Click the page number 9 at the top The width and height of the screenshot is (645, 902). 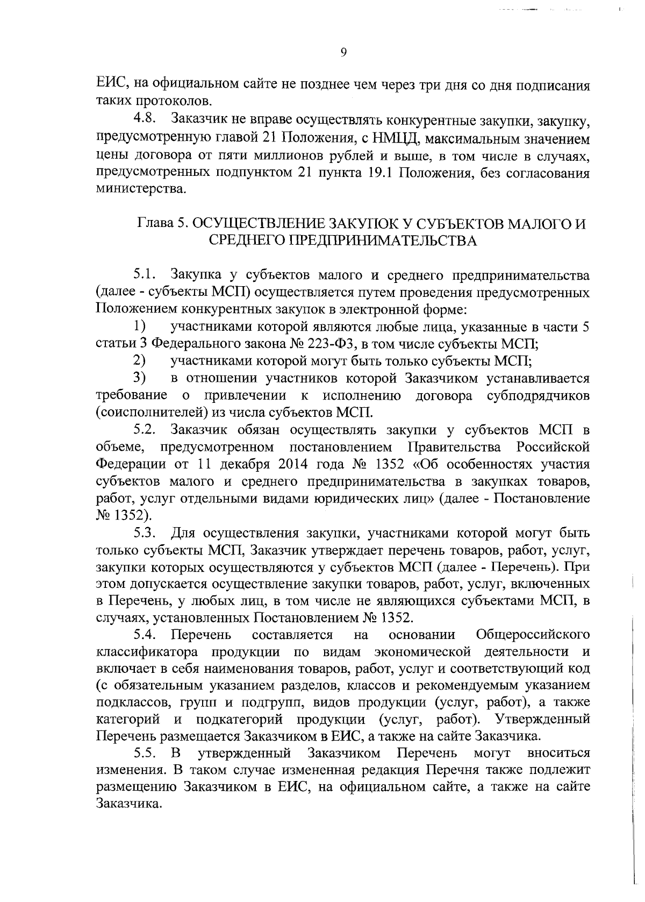pyautogui.click(x=344, y=52)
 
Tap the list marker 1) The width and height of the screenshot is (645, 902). pyautogui.click(x=140, y=327)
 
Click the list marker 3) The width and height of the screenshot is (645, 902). pyautogui.click(x=140, y=379)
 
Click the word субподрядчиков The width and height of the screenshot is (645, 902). pyautogui.click(x=537, y=396)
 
